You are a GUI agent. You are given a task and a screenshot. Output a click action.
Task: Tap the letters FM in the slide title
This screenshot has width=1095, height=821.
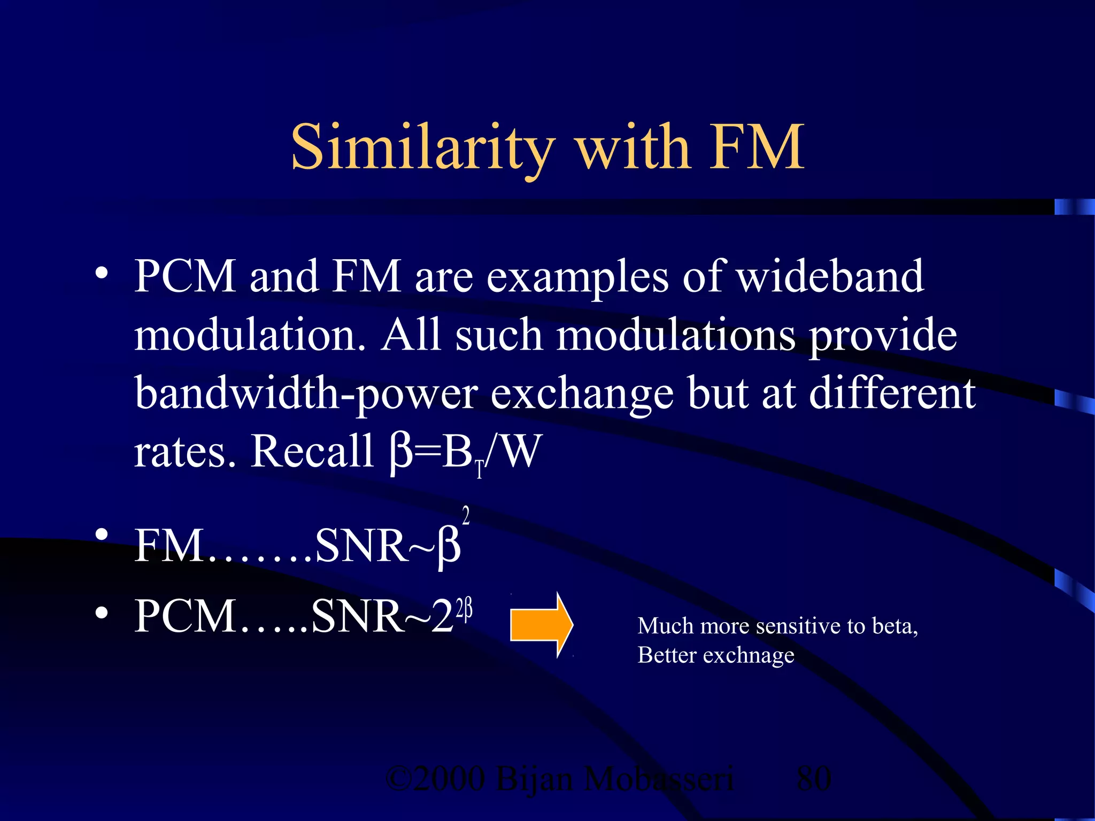757,147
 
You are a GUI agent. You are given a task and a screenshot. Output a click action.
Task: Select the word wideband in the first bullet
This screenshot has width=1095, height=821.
830,276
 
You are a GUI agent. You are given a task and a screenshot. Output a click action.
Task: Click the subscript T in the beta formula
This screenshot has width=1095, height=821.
480,470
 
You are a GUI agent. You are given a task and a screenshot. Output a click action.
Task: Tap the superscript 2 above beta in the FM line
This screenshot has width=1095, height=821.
466,516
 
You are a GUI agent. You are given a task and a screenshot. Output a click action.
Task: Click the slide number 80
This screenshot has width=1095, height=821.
814,778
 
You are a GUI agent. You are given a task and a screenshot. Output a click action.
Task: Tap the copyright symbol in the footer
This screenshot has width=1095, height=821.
398,779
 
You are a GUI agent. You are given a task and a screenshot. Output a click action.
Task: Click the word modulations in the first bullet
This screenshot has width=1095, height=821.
676,335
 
